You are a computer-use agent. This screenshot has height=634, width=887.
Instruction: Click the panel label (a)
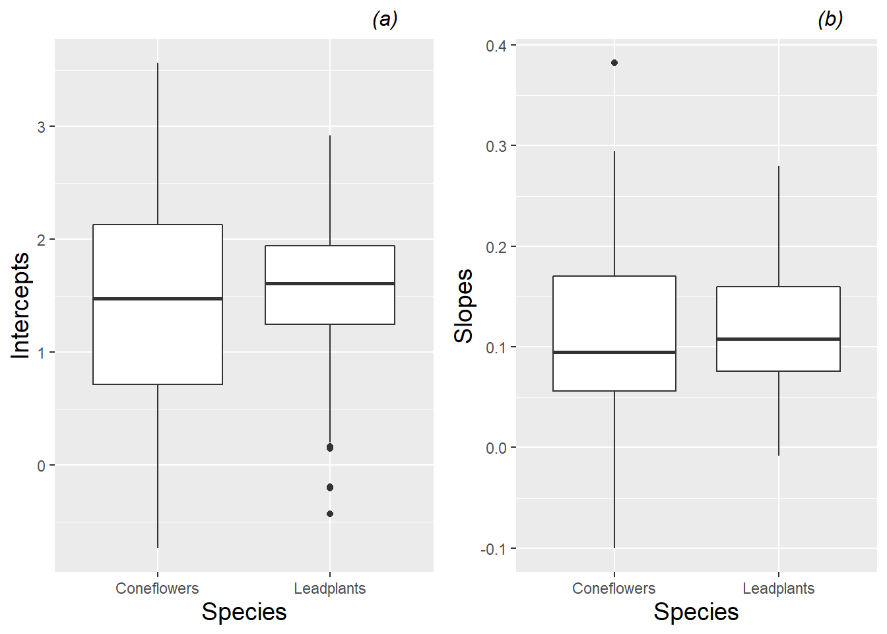pos(385,19)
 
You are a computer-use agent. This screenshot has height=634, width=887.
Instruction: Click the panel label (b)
pos(830,19)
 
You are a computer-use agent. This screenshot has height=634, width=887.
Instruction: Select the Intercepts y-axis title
pos(20,306)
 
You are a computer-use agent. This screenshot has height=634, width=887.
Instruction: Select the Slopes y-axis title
pos(464,306)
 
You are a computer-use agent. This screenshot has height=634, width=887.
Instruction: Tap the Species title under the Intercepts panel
pos(244,612)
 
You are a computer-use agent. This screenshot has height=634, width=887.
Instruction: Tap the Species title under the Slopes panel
pos(696,612)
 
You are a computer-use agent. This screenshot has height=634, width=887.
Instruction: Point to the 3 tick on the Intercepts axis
pos(42,127)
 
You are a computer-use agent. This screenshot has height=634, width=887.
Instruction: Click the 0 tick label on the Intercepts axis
pos(42,466)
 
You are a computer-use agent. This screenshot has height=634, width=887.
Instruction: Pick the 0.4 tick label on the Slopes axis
pos(496,46)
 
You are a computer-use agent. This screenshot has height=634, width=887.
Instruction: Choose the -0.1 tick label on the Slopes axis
pos(494,549)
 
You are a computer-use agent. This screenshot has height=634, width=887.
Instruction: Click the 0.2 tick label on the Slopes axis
pos(496,247)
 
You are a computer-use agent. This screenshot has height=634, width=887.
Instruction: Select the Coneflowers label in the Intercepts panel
pos(157,588)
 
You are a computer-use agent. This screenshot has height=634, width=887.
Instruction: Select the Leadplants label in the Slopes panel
pos(778,588)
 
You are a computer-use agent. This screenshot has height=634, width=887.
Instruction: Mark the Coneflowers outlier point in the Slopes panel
pos(614,63)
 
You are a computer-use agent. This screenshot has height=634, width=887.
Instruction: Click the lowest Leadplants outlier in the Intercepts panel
pos(330,514)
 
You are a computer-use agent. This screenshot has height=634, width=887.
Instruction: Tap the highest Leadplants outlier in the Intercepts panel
pos(330,447)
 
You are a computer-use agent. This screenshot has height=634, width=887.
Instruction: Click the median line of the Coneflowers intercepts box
pos(158,299)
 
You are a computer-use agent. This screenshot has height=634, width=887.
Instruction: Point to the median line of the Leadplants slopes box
pos(778,339)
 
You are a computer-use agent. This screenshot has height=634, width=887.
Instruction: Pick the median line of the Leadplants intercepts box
pos(330,283)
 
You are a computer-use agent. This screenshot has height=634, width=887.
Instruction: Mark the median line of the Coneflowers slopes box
pos(614,352)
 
